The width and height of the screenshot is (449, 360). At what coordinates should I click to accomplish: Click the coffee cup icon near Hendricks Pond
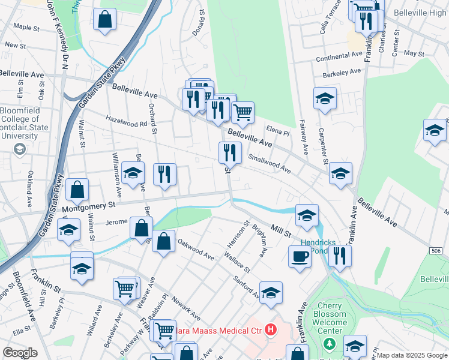[300, 256]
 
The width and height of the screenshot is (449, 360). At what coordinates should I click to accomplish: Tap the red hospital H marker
[271, 329]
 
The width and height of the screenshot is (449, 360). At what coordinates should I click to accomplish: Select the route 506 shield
[436, 250]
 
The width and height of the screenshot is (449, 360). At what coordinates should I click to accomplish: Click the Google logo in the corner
[20, 353]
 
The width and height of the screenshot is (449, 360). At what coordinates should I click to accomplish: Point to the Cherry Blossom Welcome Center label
[330, 322]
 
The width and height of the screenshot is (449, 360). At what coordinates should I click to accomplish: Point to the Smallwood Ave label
[270, 163]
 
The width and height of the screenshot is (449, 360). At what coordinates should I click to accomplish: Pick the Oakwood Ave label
[196, 251]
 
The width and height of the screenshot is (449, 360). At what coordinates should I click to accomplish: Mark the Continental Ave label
[340, 56]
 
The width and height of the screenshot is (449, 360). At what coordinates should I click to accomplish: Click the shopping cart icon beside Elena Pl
[243, 111]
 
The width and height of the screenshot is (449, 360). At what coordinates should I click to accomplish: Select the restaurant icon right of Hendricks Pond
[340, 255]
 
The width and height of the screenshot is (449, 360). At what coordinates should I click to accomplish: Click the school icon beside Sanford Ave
[271, 292]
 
